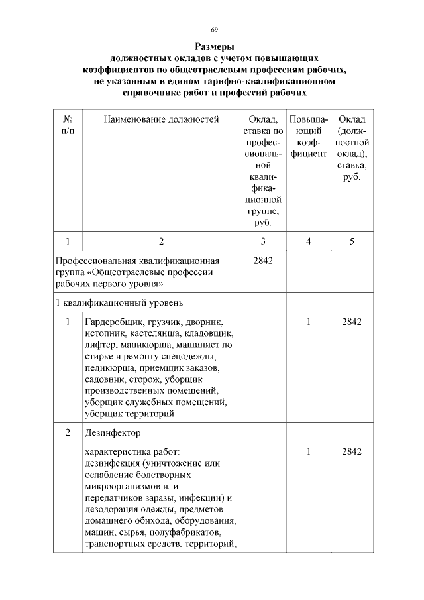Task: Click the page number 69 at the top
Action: coord(214,29)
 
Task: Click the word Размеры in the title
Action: coord(214,47)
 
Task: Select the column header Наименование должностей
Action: coord(161,119)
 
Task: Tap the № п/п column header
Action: coord(68,125)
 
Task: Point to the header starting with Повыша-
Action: coord(309,137)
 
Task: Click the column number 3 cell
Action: coord(263,241)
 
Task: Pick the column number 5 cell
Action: coord(352,241)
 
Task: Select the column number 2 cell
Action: coord(161,241)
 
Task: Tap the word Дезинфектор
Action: coord(113,433)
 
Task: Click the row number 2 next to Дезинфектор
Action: coord(68,433)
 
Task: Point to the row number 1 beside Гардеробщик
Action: coord(68,322)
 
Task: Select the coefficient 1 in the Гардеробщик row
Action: coord(309,322)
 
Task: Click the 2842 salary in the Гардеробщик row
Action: coord(352,322)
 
